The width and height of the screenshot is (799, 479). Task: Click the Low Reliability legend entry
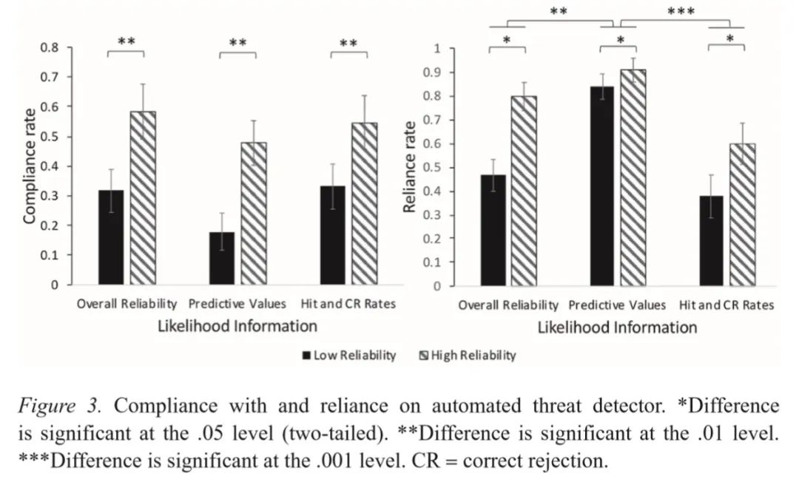pos(349,356)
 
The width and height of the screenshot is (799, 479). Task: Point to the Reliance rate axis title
pos(409,167)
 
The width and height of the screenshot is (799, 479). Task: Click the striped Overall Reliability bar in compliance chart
pos(143,198)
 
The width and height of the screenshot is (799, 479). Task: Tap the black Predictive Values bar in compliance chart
pos(222,258)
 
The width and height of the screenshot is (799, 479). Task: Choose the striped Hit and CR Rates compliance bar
pos(364,203)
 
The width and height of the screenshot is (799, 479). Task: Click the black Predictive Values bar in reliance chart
pos(602,186)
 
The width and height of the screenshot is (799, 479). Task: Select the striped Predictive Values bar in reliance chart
pos(633,177)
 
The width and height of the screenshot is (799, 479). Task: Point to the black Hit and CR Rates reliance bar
pos(711,240)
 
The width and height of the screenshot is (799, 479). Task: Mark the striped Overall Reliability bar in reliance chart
pos(523,191)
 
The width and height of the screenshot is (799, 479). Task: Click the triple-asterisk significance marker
pos(681,12)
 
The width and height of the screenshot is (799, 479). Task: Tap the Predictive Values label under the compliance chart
pos(237,304)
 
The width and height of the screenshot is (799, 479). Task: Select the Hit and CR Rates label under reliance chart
pos(726,305)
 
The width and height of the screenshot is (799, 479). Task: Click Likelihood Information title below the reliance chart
pos(617,327)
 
